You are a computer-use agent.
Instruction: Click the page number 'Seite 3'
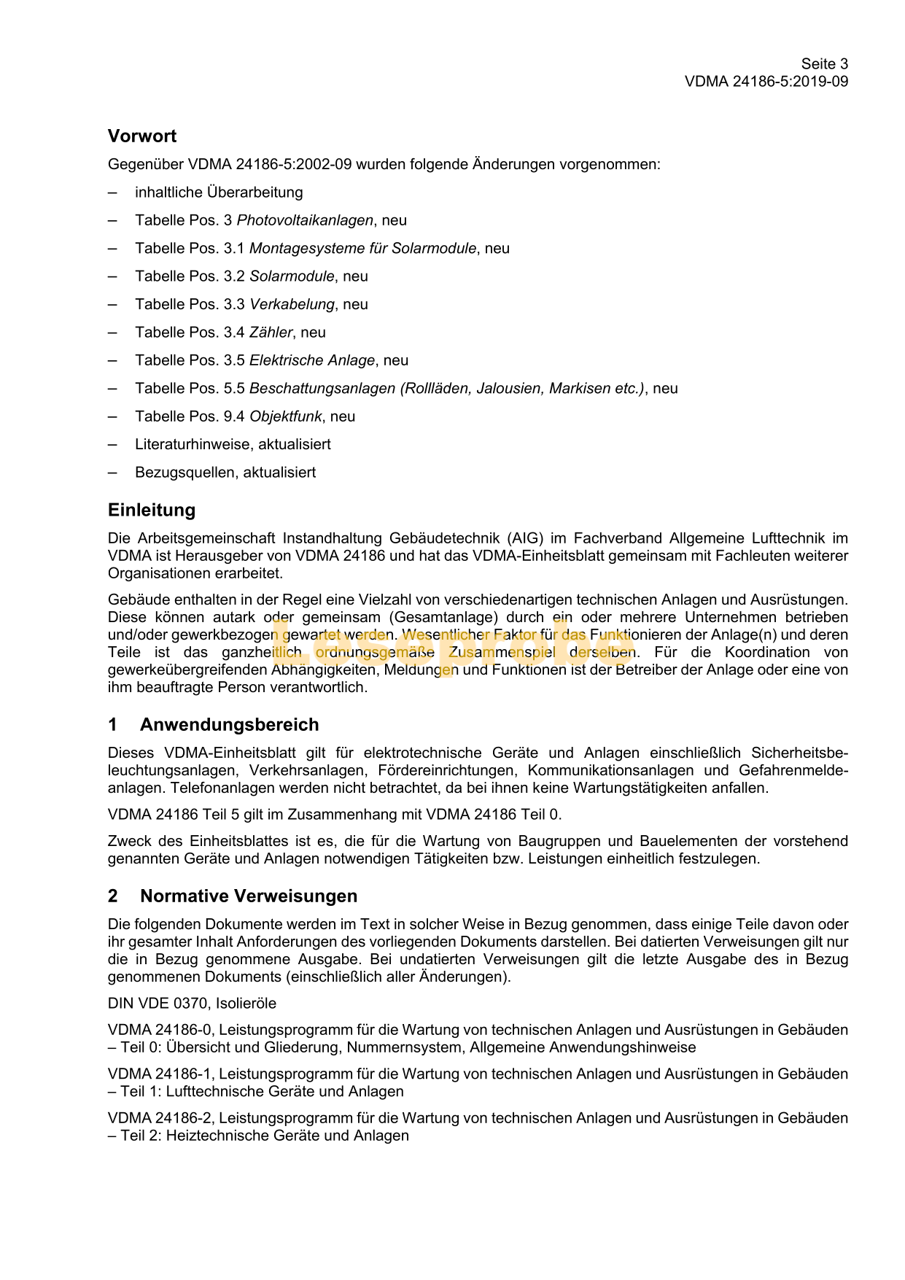tap(824, 64)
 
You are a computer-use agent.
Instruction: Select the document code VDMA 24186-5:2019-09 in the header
tap(766, 82)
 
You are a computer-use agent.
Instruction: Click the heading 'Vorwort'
tap(142, 136)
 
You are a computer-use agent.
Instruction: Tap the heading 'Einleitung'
tap(152, 510)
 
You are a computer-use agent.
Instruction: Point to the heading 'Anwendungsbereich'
tap(229, 725)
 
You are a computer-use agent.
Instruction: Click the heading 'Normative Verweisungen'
tap(249, 896)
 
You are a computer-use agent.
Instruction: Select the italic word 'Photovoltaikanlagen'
tap(305, 220)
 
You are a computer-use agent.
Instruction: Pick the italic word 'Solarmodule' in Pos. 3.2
tap(292, 276)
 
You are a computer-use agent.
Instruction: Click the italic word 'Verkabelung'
tap(292, 304)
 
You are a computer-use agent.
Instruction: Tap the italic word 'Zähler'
tap(271, 333)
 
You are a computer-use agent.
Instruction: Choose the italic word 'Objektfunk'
tap(285, 416)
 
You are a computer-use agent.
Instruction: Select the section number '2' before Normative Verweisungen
tap(112, 896)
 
